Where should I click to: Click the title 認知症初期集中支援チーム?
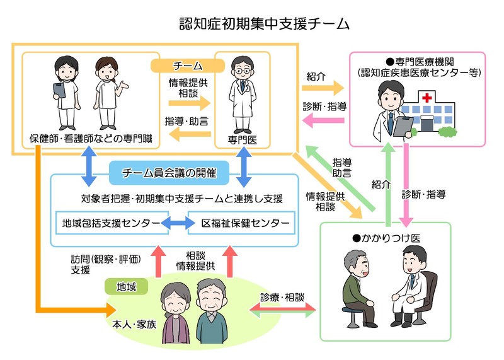coord(251,24)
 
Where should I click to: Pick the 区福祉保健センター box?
coord(241,223)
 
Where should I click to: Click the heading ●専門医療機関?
coord(416,61)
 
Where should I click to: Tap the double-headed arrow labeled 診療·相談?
coord(283,310)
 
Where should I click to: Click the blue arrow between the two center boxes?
coord(178,223)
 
